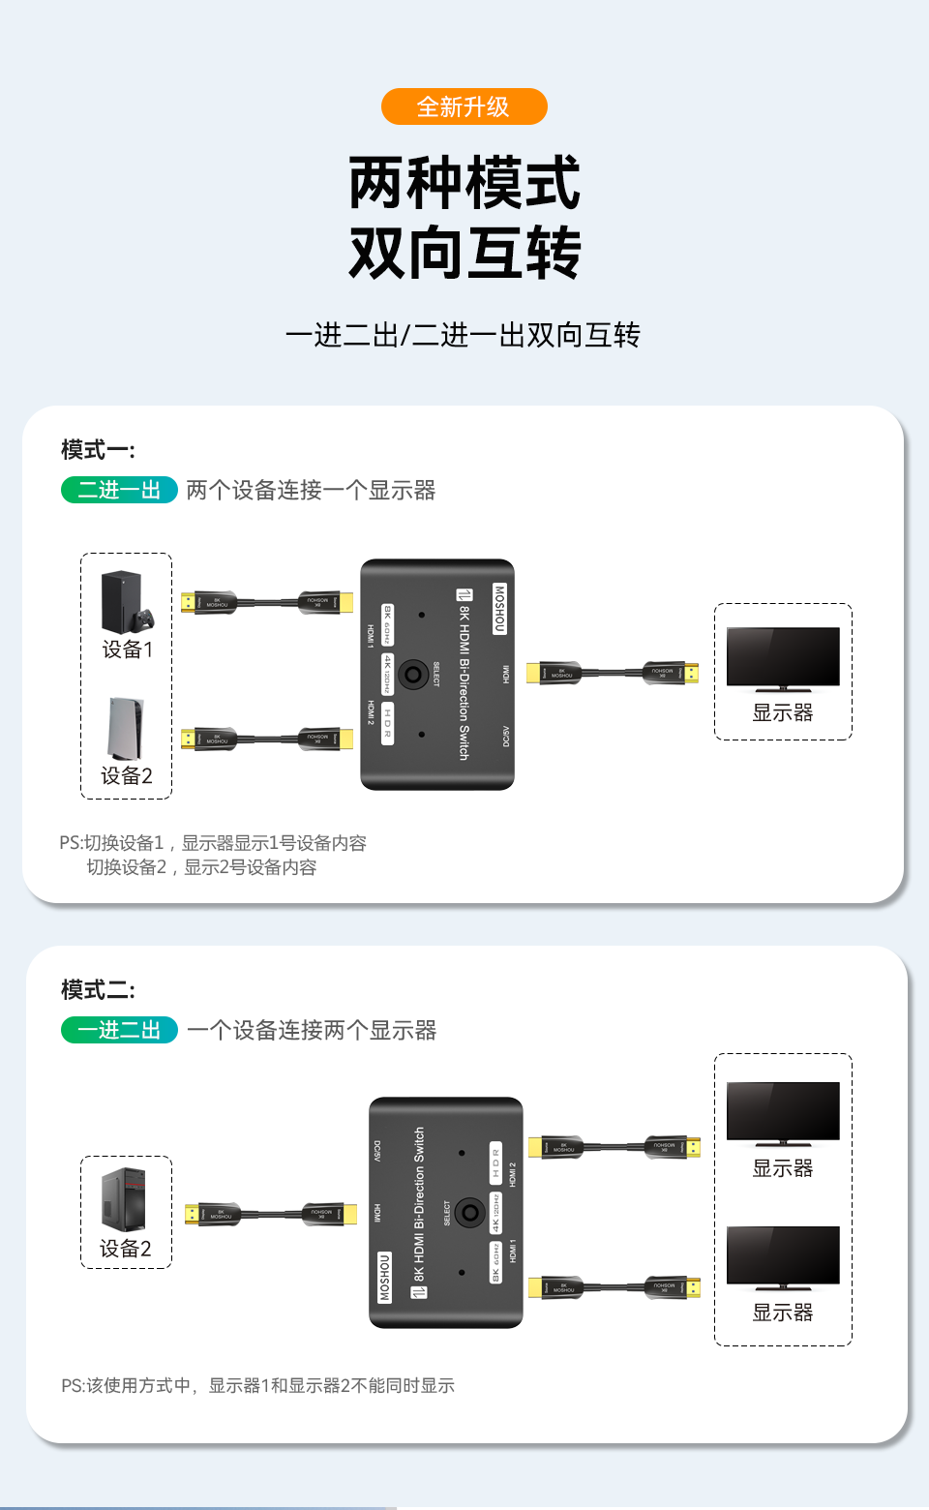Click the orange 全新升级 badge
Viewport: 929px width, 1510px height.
(464, 106)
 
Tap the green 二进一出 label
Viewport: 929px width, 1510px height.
(119, 490)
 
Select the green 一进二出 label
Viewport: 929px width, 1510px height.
(119, 1030)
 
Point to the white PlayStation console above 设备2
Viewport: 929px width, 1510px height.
(126, 729)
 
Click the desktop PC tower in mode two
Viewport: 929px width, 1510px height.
(124, 1198)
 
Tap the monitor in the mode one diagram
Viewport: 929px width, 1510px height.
(783, 658)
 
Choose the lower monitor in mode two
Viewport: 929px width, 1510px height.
(783, 1257)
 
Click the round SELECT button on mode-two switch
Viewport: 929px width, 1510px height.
(470, 1212)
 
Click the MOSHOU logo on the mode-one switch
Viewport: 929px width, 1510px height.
(499, 608)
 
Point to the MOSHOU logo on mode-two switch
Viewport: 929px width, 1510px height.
(384, 1278)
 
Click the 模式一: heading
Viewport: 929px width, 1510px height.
(98, 450)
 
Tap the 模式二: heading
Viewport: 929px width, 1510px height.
(98, 990)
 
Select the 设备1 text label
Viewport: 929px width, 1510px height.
(128, 649)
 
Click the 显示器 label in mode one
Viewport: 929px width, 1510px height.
(783, 713)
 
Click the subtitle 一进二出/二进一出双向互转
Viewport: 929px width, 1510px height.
(463, 335)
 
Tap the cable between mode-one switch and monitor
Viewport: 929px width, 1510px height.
(612, 673)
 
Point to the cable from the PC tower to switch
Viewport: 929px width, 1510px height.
(271, 1214)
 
